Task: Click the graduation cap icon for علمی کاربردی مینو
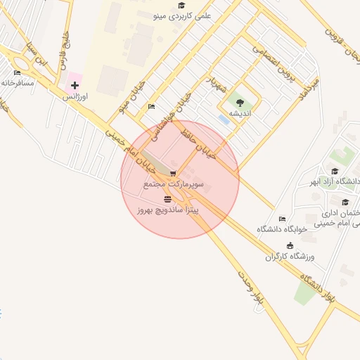point(181,6)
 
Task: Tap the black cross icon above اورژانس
point(75,84)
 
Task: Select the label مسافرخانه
point(18,82)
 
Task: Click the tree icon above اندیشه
point(240,103)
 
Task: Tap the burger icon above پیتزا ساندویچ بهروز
point(167,199)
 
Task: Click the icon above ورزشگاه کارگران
point(290,245)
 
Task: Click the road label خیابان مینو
point(131,98)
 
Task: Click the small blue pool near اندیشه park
point(224,120)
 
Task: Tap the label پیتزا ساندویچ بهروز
point(169,210)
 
